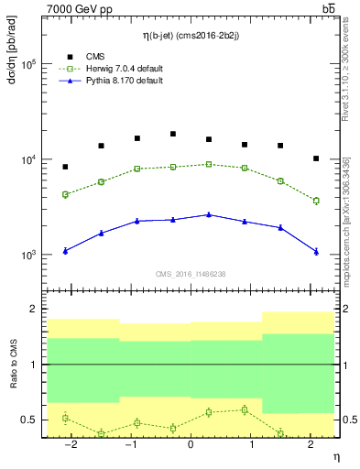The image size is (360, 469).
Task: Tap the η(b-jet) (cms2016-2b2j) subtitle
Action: [x=191, y=36]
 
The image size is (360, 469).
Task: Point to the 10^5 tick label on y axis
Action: [x=29, y=65]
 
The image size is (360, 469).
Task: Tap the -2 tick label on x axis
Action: [x=70, y=444]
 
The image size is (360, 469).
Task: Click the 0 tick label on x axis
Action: [x=191, y=444]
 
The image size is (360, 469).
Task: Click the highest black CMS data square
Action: [x=172, y=134]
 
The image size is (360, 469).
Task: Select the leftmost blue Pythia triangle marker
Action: [x=65, y=250]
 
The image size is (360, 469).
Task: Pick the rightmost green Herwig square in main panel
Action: [x=316, y=201]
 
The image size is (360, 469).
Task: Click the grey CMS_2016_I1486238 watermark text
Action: [x=191, y=274]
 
